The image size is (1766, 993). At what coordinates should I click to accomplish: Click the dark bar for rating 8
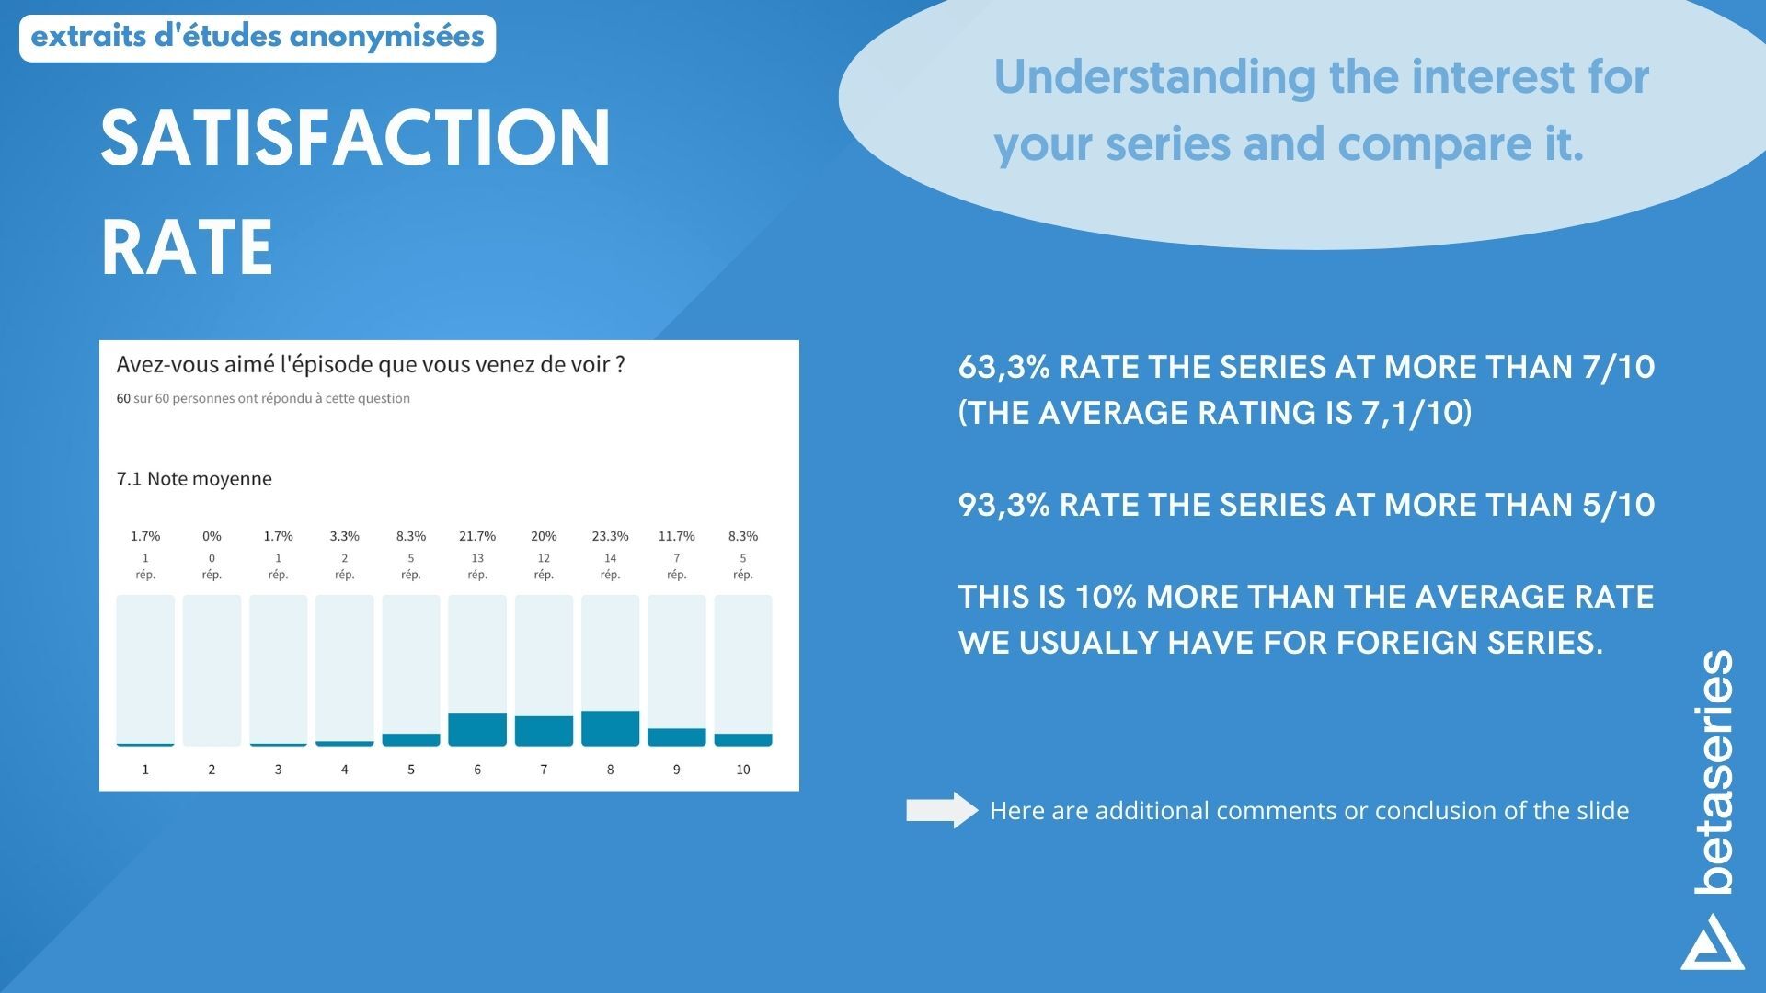610,728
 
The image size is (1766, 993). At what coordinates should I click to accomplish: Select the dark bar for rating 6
477,729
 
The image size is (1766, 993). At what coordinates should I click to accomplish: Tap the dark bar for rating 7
544,731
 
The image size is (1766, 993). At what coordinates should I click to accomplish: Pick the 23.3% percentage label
610,536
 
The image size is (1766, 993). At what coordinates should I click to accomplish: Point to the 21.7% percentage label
477,536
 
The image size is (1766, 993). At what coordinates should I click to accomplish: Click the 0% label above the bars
212,536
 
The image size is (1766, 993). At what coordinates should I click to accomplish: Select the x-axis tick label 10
743,770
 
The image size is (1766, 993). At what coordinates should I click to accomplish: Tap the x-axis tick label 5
411,770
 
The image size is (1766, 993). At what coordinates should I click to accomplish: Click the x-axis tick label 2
212,770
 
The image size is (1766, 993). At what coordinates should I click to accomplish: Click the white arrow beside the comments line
942,810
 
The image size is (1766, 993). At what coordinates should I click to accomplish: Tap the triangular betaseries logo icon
1713,942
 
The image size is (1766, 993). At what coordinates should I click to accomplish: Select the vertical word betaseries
1714,772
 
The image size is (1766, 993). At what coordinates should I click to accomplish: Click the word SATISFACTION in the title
355,138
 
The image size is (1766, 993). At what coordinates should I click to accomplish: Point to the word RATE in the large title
187,246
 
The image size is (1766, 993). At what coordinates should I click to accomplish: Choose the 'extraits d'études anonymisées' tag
258,38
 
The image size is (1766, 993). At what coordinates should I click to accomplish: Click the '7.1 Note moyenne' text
194,479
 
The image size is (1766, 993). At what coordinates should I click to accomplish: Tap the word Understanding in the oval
1155,76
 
